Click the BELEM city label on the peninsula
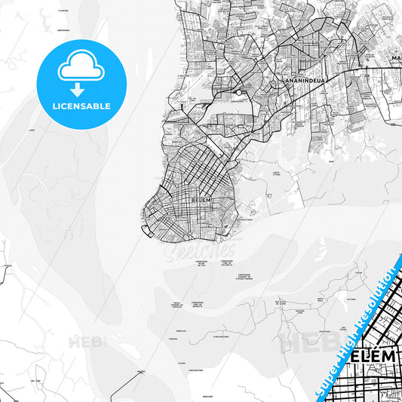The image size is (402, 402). point(202,199)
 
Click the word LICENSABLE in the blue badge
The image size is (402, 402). point(81,106)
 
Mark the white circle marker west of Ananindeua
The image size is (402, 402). point(238,92)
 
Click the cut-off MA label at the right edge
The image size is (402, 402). point(395,57)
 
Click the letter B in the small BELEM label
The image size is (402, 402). point(195,199)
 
